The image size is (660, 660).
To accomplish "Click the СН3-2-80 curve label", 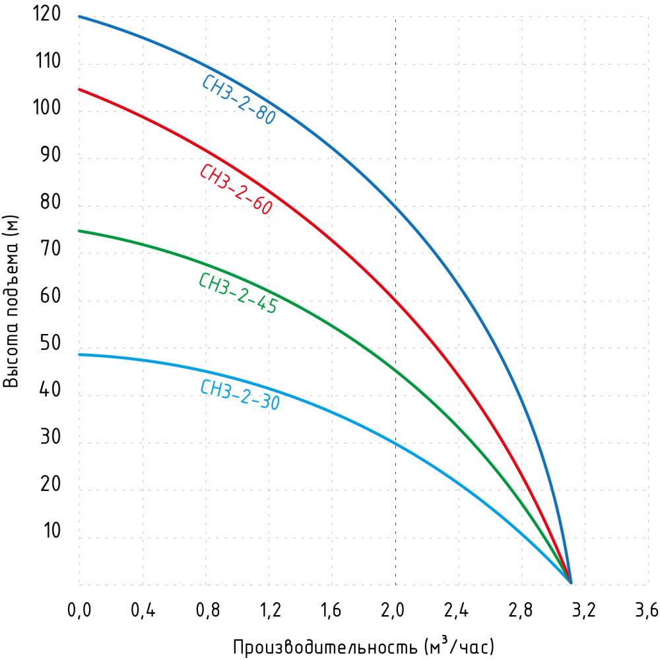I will point(238,99).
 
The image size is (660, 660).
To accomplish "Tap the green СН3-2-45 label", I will point(238,292).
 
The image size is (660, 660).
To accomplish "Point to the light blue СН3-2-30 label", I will point(239,395).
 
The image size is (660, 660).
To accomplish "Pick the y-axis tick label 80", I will point(50,203).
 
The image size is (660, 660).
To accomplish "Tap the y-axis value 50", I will point(50,344).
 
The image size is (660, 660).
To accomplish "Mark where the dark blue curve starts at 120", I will point(79,16).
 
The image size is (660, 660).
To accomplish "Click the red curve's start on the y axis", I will point(79,89).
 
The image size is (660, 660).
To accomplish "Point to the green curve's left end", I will point(79,230).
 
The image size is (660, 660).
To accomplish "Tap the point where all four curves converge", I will point(570,582).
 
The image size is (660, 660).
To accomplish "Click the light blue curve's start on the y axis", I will point(79,354).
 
